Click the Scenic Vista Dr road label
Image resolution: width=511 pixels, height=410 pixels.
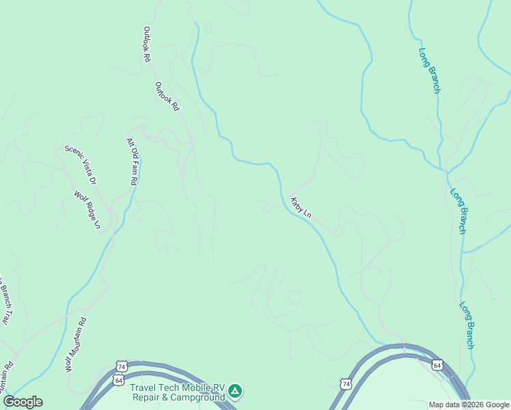click(80, 165)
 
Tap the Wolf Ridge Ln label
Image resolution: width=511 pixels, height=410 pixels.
click(87, 210)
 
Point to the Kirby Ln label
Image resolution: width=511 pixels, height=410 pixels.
click(301, 207)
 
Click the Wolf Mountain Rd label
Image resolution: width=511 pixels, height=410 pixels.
click(76, 344)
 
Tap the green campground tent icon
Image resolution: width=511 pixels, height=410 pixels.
click(235, 391)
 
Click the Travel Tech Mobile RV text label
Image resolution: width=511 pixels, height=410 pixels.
click(178, 387)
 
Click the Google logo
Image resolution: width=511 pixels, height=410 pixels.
click(23, 402)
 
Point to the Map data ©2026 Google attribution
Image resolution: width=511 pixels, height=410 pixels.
click(469, 405)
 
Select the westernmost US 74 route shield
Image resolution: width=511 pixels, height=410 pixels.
click(122, 366)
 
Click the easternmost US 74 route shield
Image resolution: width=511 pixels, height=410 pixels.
click(346, 385)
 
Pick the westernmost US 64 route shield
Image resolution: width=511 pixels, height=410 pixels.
click(120, 380)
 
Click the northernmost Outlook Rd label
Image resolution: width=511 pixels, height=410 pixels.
click(146, 44)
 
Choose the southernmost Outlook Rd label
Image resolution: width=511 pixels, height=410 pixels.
click(166, 97)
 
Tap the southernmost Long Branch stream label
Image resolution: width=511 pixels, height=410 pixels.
click(467, 325)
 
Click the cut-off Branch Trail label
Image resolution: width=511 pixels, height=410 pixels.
click(5, 301)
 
